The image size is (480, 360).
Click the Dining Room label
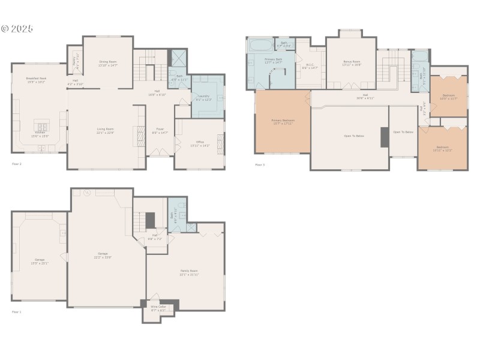pyautogui.click(x=107, y=63)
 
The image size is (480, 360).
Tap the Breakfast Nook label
pyautogui.click(x=36, y=80)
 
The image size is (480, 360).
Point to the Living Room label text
pyautogui.click(x=106, y=130)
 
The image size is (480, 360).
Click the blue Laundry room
pyautogui.click(x=207, y=96)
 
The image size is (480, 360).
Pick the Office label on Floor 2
pyautogui.click(x=200, y=143)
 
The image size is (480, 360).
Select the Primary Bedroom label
pyautogui.click(x=282, y=122)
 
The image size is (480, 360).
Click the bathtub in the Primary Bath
pyautogui.click(x=260, y=45)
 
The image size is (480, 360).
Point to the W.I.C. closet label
pyautogui.click(x=310, y=67)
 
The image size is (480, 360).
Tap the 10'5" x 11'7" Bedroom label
pyautogui.click(x=448, y=97)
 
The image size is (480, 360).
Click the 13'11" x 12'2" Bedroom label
pyautogui.click(x=443, y=148)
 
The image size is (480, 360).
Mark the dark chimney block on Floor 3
pyautogui.click(x=385, y=137)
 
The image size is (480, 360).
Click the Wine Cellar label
pyautogui.click(x=158, y=308)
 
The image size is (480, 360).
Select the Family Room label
pyautogui.click(x=189, y=272)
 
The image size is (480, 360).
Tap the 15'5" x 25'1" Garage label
pyautogui.click(x=40, y=261)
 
